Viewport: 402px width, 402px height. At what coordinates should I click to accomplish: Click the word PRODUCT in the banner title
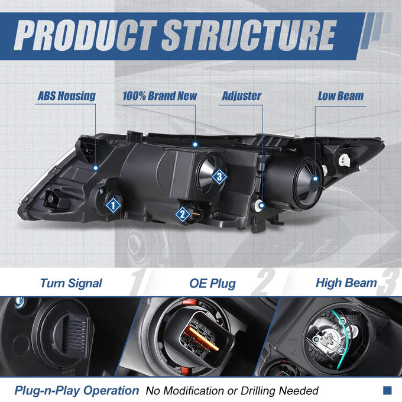[x=85, y=35]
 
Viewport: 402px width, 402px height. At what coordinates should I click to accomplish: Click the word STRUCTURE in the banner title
[x=249, y=35]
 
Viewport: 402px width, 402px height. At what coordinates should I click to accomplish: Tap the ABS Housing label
[x=67, y=96]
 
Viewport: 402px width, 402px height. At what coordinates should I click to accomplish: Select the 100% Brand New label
[x=160, y=96]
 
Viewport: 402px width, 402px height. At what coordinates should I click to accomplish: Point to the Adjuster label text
[x=241, y=96]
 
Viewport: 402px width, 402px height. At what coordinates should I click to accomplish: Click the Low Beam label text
[x=341, y=96]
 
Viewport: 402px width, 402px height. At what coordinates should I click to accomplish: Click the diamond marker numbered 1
[x=113, y=205]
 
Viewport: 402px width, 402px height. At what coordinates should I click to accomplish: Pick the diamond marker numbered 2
[x=183, y=214]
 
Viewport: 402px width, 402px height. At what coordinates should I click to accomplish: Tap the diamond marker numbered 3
[x=219, y=176]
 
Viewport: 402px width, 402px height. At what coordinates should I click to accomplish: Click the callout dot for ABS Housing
[x=96, y=168]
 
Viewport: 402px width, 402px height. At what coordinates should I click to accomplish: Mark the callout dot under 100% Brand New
[x=195, y=145]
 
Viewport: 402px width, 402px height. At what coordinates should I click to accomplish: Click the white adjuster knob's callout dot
[x=262, y=205]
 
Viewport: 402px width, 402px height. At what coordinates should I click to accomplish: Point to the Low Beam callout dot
[x=315, y=179]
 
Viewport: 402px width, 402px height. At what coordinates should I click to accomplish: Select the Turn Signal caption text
[x=71, y=283]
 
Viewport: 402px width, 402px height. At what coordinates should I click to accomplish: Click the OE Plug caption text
[x=212, y=284]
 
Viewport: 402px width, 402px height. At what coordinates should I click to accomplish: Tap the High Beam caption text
[x=346, y=283]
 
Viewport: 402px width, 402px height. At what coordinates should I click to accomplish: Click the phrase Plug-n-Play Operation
[x=77, y=390]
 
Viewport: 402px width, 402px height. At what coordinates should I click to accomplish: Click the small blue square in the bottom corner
[x=387, y=390]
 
